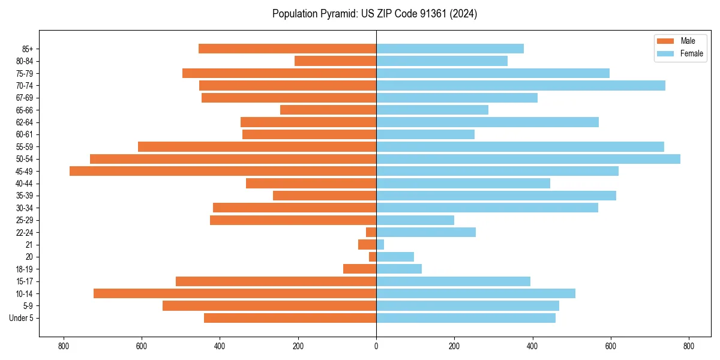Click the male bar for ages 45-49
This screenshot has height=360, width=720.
tap(223, 171)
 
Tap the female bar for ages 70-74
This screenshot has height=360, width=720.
tap(521, 85)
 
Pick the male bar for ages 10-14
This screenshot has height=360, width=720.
tap(235, 293)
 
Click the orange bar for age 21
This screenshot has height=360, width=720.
tap(367, 245)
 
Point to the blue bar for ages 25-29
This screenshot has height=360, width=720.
tap(415, 220)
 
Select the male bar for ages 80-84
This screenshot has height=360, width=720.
tap(335, 61)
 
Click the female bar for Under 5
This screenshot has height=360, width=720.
tap(466, 318)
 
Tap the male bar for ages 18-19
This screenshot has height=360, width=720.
tap(359, 269)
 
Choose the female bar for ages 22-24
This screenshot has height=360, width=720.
tap(426, 232)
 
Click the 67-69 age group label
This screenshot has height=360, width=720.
tap(25, 98)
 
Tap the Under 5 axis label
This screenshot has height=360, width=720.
tap(22, 318)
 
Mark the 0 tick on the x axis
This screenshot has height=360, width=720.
tap(376, 346)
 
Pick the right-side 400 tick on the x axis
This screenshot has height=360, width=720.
tap(532, 346)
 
